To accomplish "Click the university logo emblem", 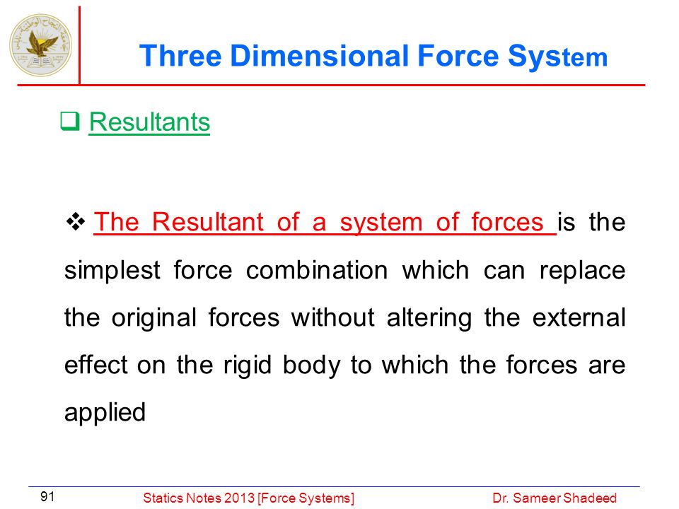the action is pyautogui.click(x=41, y=45).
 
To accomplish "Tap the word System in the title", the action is pyautogui.click(x=558, y=57).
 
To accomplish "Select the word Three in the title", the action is pyautogui.click(x=180, y=57).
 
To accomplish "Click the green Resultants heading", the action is pyautogui.click(x=149, y=122).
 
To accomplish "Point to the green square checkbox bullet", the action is pyautogui.click(x=70, y=121).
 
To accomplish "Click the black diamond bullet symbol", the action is pyautogui.click(x=76, y=221).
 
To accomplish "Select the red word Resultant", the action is pyautogui.click(x=207, y=222).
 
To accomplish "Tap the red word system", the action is pyautogui.click(x=381, y=223).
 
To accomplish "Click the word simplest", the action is pyautogui.click(x=112, y=271).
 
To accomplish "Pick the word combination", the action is pyautogui.click(x=317, y=270).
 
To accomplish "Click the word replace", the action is pyautogui.click(x=582, y=271).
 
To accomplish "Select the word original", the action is pyautogui.click(x=154, y=317).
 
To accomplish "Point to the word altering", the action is pyautogui.click(x=429, y=317).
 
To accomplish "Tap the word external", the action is pyautogui.click(x=579, y=317).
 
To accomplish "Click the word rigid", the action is pyautogui.click(x=248, y=365).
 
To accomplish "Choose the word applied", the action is pyautogui.click(x=105, y=412).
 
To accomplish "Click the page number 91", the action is pyautogui.click(x=47, y=496).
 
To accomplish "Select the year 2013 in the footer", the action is pyautogui.click(x=236, y=498).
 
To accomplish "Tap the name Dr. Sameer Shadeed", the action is pyautogui.click(x=555, y=498).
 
